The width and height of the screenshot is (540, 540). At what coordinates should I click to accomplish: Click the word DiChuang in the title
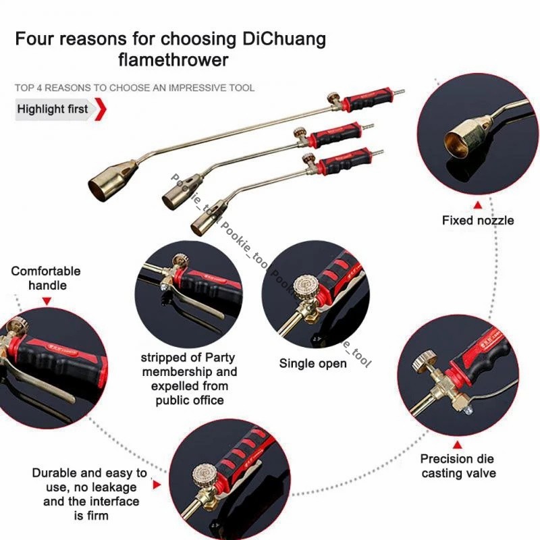point(284,39)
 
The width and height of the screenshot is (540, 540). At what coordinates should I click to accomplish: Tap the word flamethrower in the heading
point(173,60)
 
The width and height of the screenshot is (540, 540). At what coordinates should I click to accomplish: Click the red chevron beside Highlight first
point(101,109)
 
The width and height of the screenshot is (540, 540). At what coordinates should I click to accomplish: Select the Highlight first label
point(53,109)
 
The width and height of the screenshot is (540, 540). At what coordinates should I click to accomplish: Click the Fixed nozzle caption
point(478,221)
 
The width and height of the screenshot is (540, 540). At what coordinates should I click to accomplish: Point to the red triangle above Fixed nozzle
point(478,205)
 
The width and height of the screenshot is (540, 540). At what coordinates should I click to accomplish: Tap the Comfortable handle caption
point(46,278)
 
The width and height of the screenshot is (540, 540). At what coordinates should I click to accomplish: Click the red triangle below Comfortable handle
point(47,301)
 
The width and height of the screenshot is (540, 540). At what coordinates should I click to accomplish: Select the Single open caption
point(313,363)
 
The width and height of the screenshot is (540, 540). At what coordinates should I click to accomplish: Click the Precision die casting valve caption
point(458,466)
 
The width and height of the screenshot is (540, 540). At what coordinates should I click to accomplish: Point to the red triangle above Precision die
point(458,445)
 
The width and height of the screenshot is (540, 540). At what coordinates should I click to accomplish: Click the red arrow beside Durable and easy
point(157,485)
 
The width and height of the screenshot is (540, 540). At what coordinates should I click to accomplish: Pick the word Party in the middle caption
point(220,358)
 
